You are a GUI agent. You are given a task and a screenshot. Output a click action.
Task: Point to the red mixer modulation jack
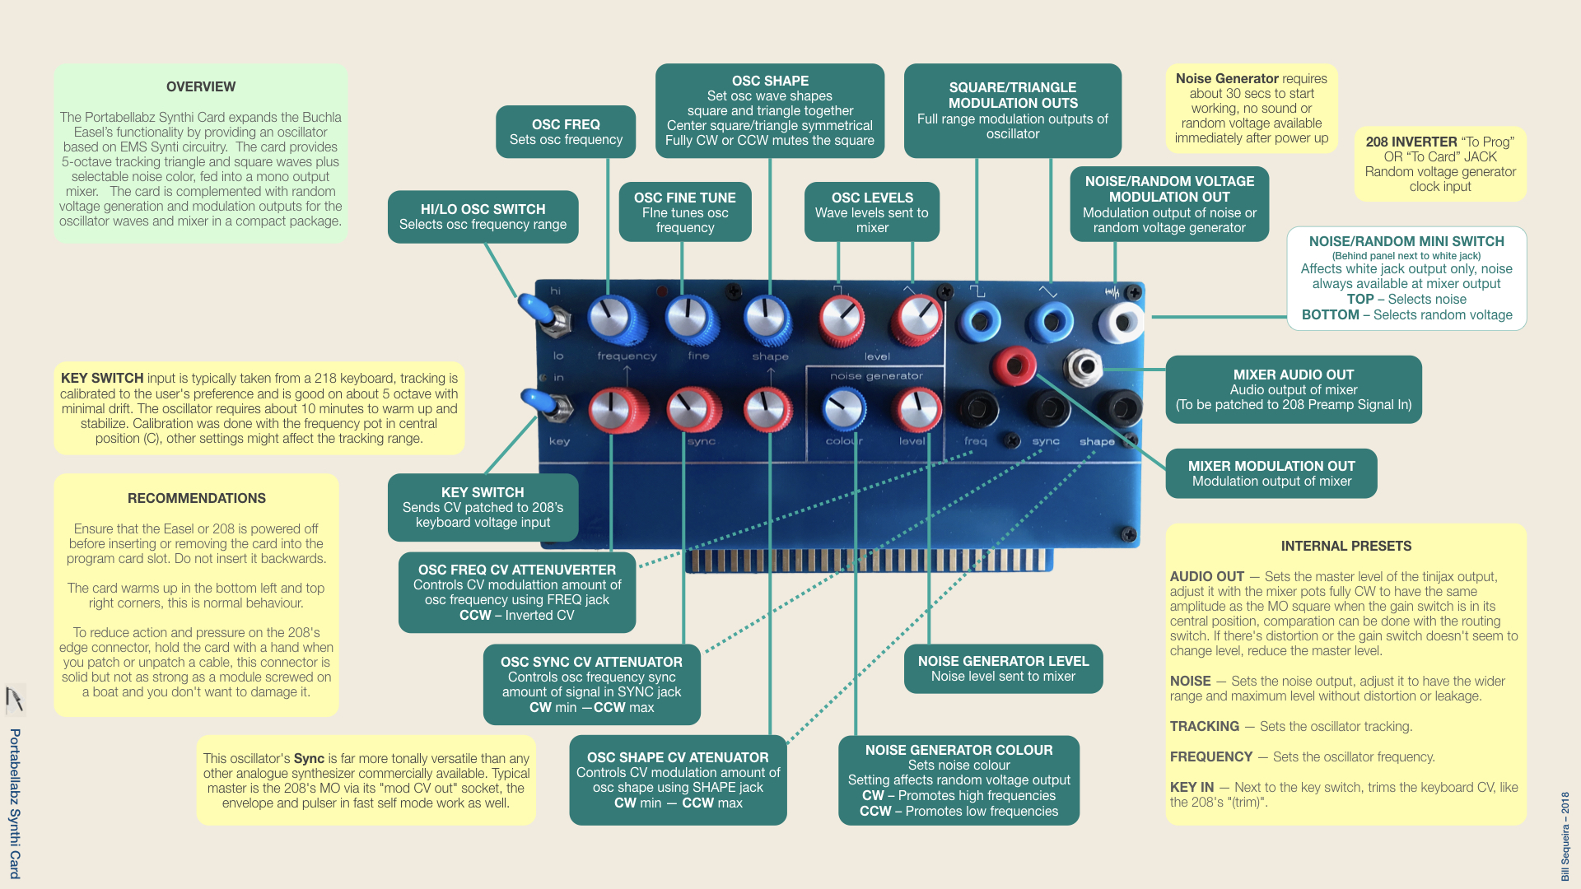pyautogui.click(x=1013, y=365)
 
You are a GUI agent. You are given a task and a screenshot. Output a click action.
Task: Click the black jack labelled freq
pyautogui.click(x=977, y=407)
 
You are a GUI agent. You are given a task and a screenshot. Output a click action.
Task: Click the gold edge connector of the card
pyautogui.click(x=870, y=561)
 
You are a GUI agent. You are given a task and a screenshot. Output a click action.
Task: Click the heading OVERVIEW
pyautogui.click(x=201, y=87)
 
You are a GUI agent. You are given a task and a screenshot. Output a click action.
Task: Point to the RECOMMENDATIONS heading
pyautogui.click(x=197, y=499)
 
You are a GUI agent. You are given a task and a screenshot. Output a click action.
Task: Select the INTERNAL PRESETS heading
pyautogui.click(x=1346, y=547)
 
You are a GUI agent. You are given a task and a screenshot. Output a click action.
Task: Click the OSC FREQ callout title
pyautogui.click(x=566, y=125)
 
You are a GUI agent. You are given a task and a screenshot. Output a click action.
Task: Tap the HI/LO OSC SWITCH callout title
pyautogui.click(x=483, y=210)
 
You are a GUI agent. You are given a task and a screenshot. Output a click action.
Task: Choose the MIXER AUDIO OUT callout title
pyautogui.click(x=1294, y=375)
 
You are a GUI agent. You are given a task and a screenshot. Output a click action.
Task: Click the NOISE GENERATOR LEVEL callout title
pyautogui.click(x=1003, y=662)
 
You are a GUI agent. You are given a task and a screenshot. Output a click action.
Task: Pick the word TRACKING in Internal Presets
pyautogui.click(x=1204, y=727)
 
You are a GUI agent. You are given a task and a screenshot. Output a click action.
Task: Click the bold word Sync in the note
pyautogui.click(x=309, y=759)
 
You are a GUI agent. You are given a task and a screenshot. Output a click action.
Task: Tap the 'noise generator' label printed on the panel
pyautogui.click(x=876, y=376)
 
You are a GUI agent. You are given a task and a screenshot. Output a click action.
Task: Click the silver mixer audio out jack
pyautogui.click(x=1084, y=366)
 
